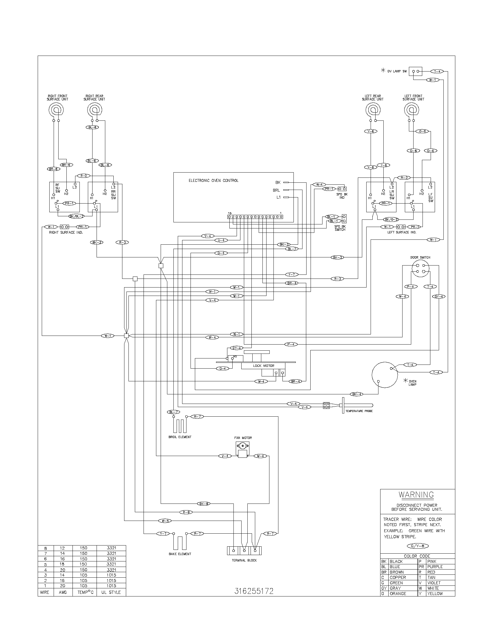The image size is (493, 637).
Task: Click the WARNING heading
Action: [x=416, y=495]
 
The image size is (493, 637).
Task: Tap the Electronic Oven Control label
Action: [x=213, y=181]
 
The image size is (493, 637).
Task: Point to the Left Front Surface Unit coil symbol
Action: [x=412, y=110]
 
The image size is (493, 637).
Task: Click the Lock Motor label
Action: [x=263, y=365]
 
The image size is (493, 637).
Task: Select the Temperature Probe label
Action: [x=359, y=411]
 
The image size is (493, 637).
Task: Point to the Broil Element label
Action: [x=180, y=437]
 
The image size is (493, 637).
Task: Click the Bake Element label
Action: [x=180, y=554]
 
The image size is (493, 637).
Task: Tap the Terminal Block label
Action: [x=244, y=560]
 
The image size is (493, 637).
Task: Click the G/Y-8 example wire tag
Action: [x=417, y=546]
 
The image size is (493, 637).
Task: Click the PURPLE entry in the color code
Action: [x=435, y=567]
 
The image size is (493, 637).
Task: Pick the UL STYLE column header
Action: [x=111, y=592]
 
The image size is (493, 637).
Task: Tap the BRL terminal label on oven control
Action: [x=276, y=190]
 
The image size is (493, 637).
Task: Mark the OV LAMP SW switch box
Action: [x=416, y=71]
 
